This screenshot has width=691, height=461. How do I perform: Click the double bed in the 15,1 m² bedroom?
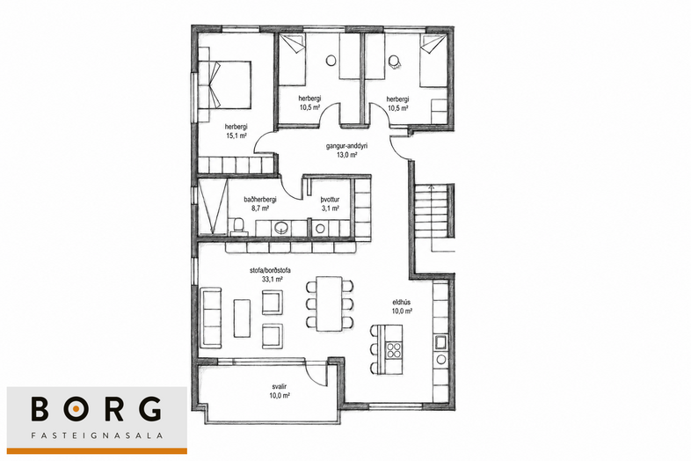pos(225,84)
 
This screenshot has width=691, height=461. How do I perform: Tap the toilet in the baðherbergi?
pos(238,225)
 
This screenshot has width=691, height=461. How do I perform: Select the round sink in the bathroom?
pos(280,228)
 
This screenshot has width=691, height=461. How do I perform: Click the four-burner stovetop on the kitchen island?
pos(394,350)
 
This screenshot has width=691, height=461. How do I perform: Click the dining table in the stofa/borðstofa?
pos(330,303)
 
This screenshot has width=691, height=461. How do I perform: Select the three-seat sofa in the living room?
pos(210,318)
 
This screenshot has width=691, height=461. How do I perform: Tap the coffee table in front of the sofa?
pos(242,318)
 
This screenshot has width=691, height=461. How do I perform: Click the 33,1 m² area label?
pos(270,279)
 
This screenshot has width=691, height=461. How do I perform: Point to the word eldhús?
pos(402,303)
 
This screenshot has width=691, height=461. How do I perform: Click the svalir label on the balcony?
pos(280,386)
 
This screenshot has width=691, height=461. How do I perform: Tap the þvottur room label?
pos(330,200)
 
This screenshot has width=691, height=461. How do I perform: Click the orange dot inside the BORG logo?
pos(76,409)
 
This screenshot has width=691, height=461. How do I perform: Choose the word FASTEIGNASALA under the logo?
pos(97,435)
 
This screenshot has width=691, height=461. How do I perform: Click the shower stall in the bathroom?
pos(213,206)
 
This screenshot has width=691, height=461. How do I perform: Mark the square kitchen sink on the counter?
pos(440,342)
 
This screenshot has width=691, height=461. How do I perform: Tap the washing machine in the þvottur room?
pos(320,229)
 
